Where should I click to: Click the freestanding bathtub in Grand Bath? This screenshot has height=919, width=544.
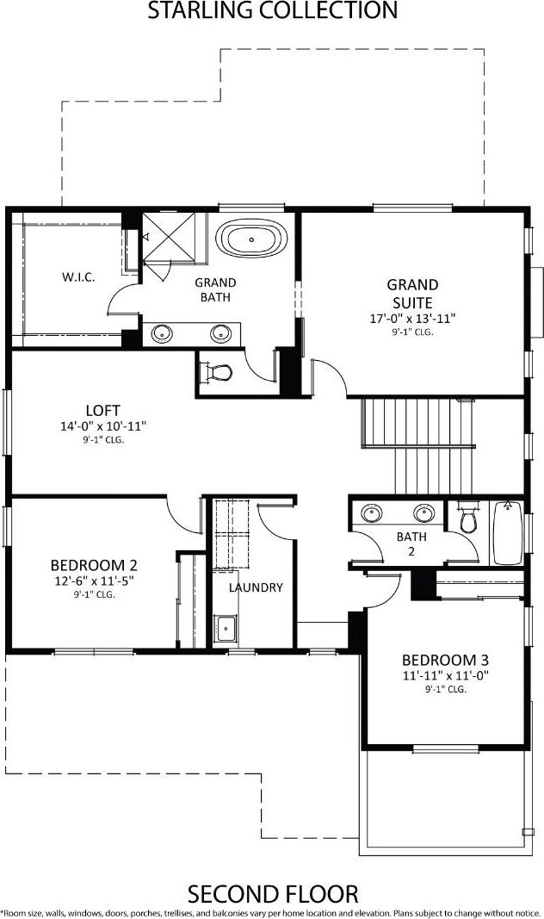pyautogui.click(x=252, y=239)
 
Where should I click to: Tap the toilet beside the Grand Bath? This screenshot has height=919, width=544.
pyautogui.click(x=216, y=372)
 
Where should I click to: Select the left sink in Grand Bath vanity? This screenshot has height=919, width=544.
pyautogui.click(x=162, y=334)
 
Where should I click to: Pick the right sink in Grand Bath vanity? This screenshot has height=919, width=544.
pyautogui.click(x=220, y=334)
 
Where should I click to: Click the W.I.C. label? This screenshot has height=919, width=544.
pyautogui.click(x=78, y=276)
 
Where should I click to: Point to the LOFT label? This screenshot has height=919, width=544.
pyautogui.click(x=102, y=411)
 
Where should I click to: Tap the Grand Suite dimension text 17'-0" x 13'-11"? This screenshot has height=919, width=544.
pyautogui.click(x=413, y=319)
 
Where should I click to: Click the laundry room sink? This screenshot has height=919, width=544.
pyautogui.click(x=225, y=628)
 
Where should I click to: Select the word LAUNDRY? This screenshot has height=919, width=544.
pyautogui.click(x=256, y=587)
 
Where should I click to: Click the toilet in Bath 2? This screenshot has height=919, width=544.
pyautogui.click(x=468, y=518)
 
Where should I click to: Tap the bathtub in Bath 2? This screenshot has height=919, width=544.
pyautogui.click(x=507, y=532)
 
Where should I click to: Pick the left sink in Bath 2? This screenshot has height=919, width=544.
pyautogui.click(x=371, y=513)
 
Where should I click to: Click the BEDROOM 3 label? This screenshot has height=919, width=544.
pyautogui.click(x=446, y=660)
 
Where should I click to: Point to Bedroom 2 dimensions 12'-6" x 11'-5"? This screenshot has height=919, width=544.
pyautogui.click(x=94, y=581)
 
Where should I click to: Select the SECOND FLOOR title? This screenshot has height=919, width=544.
pyautogui.click(x=273, y=894)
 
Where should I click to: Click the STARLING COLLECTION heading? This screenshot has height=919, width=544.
pyautogui.click(x=272, y=10)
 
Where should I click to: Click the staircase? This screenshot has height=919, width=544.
pyautogui.click(x=418, y=445)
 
